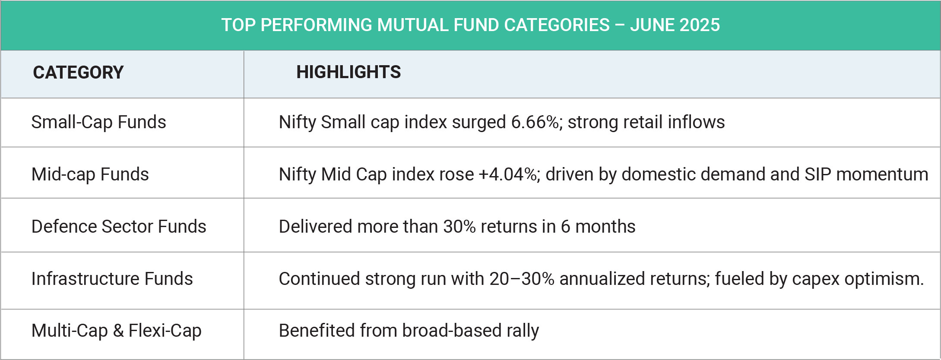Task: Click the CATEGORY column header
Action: point(78,73)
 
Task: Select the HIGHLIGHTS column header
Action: point(349,72)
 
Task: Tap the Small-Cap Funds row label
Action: point(98,122)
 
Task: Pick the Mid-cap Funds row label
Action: point(90,174)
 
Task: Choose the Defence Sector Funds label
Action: point(119,227)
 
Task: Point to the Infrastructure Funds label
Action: point(112,279)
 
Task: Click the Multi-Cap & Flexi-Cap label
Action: point(116,331)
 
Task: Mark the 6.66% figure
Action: point(535,122)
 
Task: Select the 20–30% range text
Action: point(522,279)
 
